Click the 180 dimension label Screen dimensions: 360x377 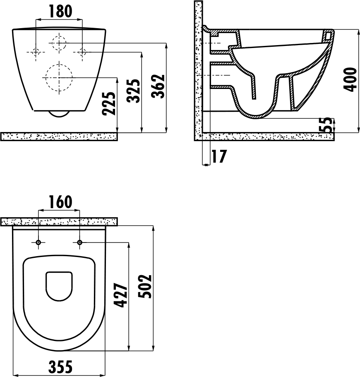(x=60, y=11)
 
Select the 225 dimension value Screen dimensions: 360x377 (x=109, y=103)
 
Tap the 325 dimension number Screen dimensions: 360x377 (x=134, y=91)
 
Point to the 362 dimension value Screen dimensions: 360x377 (x=158, y=86)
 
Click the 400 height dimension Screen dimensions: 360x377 (x=350, y=79)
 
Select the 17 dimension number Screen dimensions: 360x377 (x=219, y=156)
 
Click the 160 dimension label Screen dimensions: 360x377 (x=60, y=202)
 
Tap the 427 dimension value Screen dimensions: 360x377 (x=120, y=295)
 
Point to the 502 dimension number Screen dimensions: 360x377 (x=144, y=286)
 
